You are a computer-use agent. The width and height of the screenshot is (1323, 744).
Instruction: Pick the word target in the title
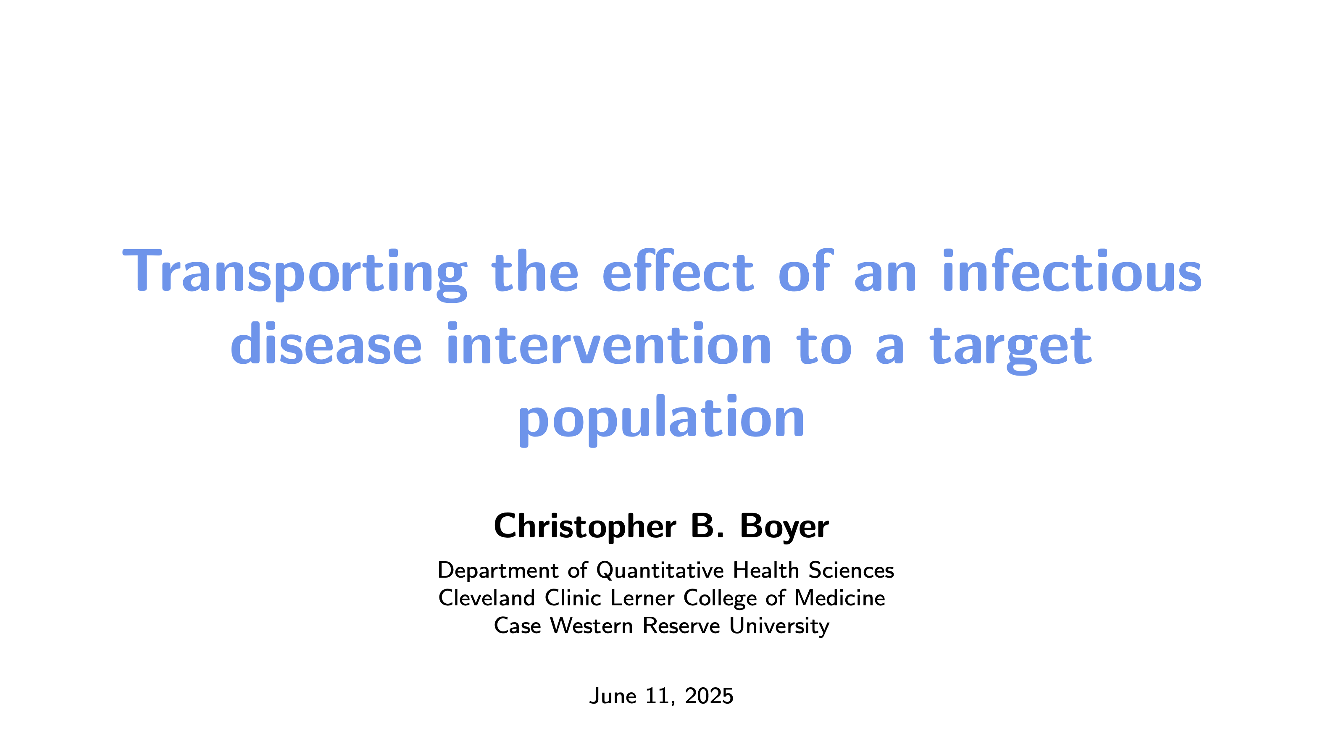click(x=1011, y=349)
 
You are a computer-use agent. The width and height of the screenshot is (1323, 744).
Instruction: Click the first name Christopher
click(x=585, y=527)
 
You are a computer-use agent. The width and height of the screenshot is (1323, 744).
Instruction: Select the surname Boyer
click(x=784, y=527)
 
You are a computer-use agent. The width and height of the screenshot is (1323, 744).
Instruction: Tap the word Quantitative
click(x=660, y=570)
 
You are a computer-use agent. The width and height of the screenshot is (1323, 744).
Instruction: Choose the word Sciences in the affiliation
click(x=851, y=570)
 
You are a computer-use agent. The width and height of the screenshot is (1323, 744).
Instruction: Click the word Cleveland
click(x=487, y=598)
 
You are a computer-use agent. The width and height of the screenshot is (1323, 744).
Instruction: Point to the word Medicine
click(x=840, y=598)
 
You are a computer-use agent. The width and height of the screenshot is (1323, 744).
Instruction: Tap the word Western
click(x=591, y=626)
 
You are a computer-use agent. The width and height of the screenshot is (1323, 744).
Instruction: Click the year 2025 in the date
click(x=709, y=696)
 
